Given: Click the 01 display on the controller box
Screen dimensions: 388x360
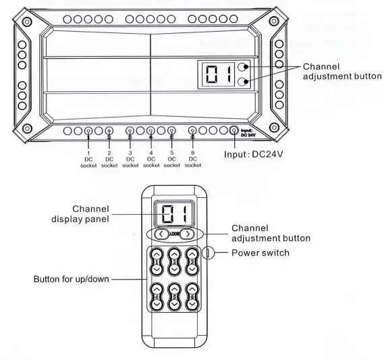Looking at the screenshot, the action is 218,74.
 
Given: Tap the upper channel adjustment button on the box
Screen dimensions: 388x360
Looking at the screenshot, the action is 243,67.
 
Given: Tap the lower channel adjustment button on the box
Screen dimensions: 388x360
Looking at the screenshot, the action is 243,82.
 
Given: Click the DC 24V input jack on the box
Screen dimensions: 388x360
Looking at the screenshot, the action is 234,130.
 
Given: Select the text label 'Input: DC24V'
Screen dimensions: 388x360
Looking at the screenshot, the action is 254,155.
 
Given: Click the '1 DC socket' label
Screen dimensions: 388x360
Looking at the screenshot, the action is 88,159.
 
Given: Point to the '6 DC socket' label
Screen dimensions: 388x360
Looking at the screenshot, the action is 193,159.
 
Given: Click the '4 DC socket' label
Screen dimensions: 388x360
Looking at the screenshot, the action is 151,159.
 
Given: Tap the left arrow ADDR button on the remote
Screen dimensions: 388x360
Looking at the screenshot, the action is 161,234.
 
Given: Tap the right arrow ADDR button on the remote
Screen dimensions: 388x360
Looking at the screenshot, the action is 188,234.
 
